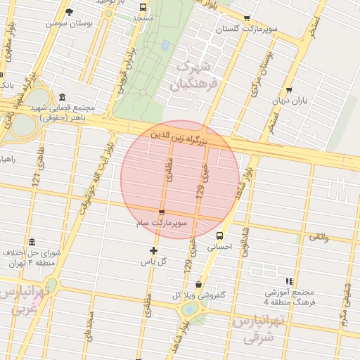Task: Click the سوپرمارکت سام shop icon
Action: point(162,212)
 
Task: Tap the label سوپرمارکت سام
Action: point(162,222)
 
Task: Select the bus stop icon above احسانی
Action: point(220,236)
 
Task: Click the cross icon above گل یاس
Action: point(154,251)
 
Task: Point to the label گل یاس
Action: point(154,262)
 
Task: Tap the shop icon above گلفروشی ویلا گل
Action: point(198,285)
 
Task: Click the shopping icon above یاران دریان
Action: point(289,90)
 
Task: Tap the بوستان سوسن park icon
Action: point(69,12)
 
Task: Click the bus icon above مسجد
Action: point(143,7)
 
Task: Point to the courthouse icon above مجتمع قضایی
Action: point(63,97)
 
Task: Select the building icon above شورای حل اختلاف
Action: point(32,242)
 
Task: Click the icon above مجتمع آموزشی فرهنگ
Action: point(289,281)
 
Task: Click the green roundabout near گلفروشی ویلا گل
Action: point(189,310)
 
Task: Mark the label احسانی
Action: point(220,247)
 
